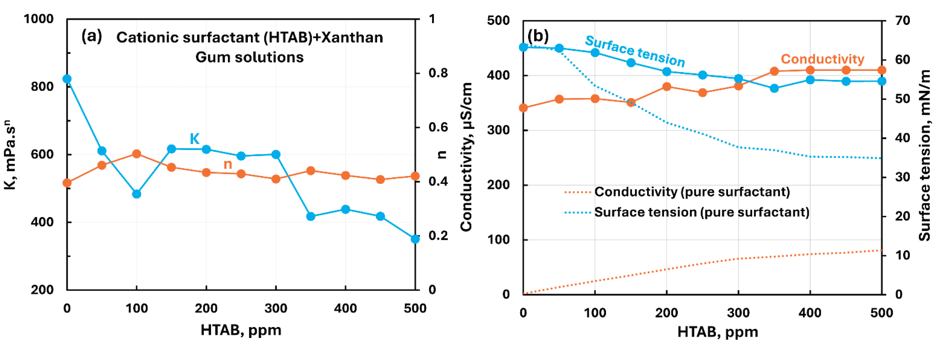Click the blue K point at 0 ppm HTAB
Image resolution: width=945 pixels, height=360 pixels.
click(x=67, y=79)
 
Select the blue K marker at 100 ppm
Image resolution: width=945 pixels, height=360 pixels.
click(x=137, y=194)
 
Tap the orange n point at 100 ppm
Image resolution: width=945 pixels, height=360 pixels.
click(x=137, y=154)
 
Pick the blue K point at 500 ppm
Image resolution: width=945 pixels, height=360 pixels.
click(x=415, y=239)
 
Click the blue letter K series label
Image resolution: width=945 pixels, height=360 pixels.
click(x=194, y=139)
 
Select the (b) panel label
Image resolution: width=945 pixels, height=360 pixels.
click(x=537, y=36)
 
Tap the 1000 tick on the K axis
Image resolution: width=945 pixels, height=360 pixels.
click(x=39, y=19)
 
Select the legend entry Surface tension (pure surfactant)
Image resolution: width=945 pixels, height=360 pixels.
click(x=702, y=212)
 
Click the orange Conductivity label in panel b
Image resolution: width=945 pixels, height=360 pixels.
click(x=822, y=59)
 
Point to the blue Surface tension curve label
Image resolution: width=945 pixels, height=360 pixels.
click(x=635, y=51)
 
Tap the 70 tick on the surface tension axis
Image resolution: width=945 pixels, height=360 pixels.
click(x=902, y=21)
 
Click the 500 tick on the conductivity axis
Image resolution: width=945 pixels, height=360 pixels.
click(x=498, y=21)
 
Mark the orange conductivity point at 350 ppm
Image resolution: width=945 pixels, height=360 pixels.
click(x=774, y=71)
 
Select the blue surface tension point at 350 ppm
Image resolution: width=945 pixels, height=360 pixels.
click(x=774, y=88)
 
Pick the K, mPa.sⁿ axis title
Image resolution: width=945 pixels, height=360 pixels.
click(x=10, y=154)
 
